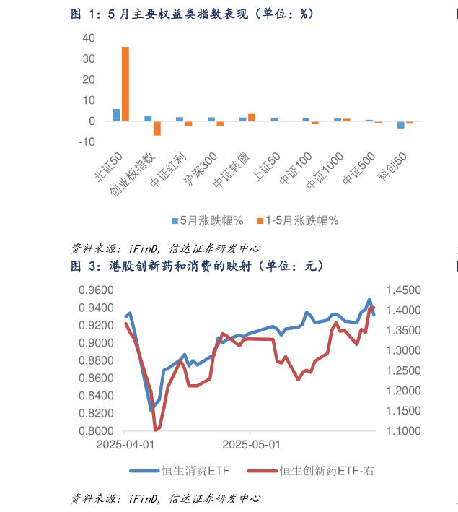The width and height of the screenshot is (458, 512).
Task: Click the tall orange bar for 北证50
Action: click(x=125, y=84)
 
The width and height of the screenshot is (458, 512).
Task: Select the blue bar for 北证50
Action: click(x=117, y=115)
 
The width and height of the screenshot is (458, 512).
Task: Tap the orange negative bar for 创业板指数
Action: click(x=157, y=128)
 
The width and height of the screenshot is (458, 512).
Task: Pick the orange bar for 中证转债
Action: click(x=252, y=117)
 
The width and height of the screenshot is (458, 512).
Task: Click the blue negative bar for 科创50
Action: click(x=401, y=125)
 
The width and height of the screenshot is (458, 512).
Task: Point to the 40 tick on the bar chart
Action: click(x=88, y=38)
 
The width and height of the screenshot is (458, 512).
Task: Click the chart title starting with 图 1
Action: click(x=192, y=14)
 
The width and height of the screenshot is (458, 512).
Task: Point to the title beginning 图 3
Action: click(x=196, y=266)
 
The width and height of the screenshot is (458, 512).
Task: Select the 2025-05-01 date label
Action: click(x=251, y=446)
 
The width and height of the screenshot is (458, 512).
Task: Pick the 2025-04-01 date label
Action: click(x=125, y=446)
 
